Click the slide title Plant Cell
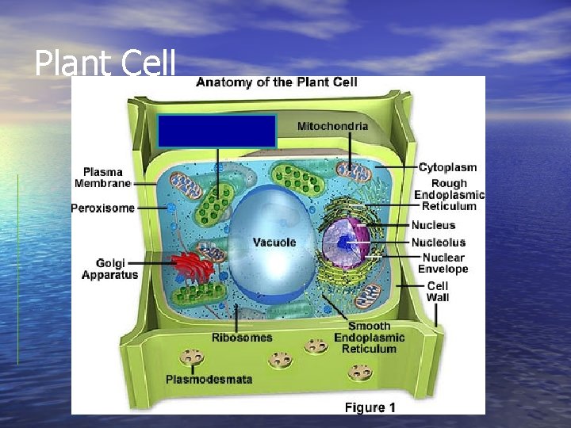click(x=105, y=63)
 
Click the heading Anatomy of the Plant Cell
click(x=276, y=82)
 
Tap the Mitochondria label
click(x=332, y=126)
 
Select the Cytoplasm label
click(x=447, y=167)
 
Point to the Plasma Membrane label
click(x=102, y=177)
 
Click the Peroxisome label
click(x=102, y=209)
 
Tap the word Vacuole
click(x=274, y=242)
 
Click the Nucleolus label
click(x=438, y=242)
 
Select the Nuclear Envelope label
click(x=444, y=263)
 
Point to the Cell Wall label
click(x=438, y=292)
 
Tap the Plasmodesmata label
click(x=209, y=379)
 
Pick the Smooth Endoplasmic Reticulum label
click(x=369, y=337)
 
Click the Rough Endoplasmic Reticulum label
click(x=449, y=195)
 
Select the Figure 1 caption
click(x=370, y=407)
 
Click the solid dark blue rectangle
click(x=217, y=131)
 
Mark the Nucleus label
click(x=433, y=225)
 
